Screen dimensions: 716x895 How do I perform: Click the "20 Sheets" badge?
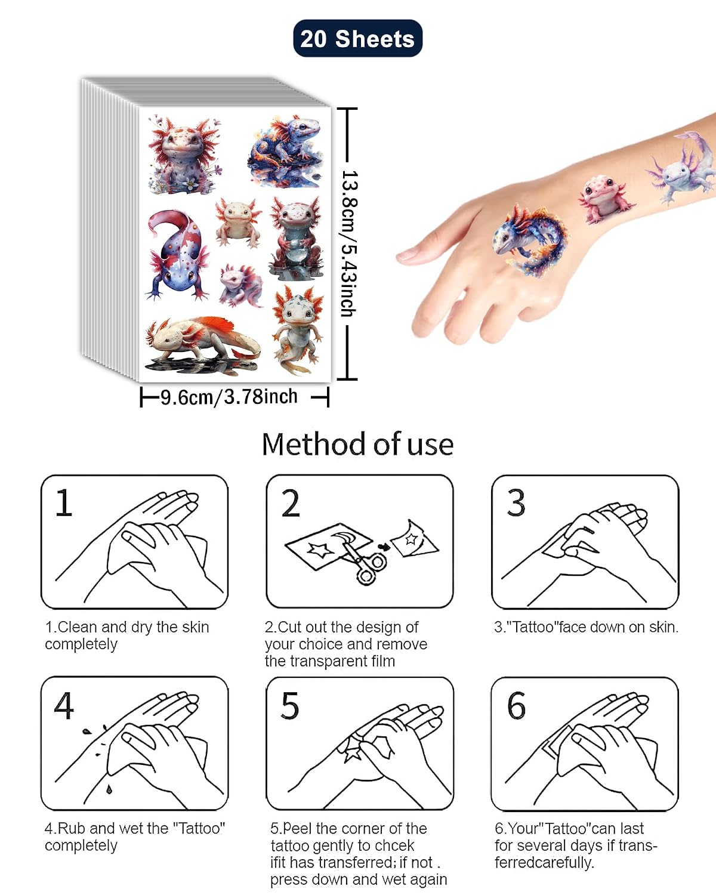pos(357,38)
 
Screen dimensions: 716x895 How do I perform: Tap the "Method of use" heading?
pos(357,445)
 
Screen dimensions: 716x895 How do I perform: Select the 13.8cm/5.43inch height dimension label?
pos(350,243)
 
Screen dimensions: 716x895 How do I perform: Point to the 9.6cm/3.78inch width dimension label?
pos(229,397)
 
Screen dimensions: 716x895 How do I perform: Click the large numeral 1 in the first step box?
pos(64,503)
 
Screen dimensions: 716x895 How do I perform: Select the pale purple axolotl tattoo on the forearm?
pos(680,168)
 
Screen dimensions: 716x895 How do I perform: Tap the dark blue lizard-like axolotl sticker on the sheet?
pos(285,152)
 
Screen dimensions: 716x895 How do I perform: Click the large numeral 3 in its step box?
pos(516,503)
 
